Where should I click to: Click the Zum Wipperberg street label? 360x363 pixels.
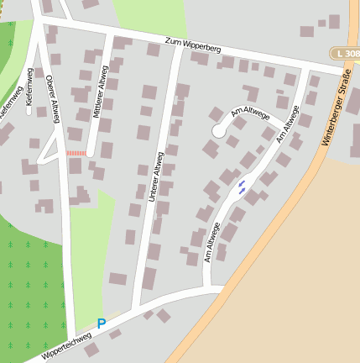[x=193, y=46]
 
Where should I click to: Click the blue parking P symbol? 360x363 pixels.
[x=102, y=324]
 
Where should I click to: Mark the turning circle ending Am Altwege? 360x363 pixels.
[x=219, y=131]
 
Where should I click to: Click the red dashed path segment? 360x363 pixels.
[x=76, y=153]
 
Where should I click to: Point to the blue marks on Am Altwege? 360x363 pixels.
[x=242, y=187]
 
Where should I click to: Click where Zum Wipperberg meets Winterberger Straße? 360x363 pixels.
[x=334, y=69]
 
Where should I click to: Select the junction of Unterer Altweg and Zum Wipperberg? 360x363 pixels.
[x=180, y=45]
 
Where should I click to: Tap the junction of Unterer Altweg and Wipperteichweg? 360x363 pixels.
[x=137, y=306]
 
